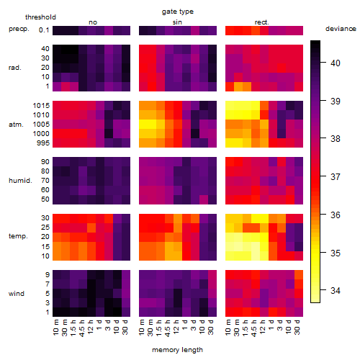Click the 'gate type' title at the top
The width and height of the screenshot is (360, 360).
point(178,12)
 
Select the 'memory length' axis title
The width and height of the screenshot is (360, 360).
point(177,350)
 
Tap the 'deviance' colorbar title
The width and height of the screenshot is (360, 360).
point(341,29)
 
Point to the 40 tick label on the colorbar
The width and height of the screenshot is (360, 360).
point(336,63)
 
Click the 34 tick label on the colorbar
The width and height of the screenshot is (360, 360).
point(336,291)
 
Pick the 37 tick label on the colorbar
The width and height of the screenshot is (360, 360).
point(336,177)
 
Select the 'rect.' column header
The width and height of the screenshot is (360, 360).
point(262,22)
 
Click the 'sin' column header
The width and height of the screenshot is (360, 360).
point(177,22)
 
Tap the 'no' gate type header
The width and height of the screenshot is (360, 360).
point(93,22)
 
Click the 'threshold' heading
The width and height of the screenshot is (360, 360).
point(40,17)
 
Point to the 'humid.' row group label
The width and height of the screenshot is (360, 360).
point(20,180)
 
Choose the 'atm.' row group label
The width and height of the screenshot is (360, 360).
point(16,125)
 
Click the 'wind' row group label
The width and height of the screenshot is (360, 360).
point(17,294)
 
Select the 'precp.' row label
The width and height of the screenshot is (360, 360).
point(19,29)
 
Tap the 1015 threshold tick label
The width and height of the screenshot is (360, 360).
point(41,106)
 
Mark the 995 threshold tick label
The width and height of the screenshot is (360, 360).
point(43,143)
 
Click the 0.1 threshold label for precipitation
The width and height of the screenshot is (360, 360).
point(44,30)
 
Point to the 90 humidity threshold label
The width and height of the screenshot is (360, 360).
point(45,162)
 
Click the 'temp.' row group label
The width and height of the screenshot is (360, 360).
point(18,236)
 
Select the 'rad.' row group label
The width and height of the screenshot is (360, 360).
point(15,68)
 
